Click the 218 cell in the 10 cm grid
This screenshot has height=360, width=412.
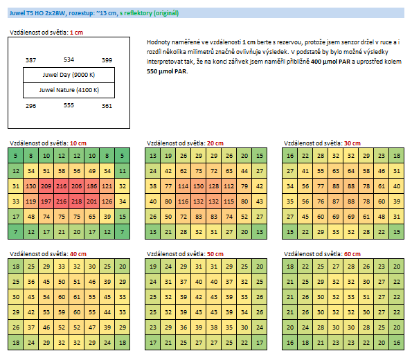point(77,201)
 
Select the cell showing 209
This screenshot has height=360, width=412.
point(46,186)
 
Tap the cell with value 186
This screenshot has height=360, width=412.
point(92,186)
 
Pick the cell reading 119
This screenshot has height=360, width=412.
point(31,201)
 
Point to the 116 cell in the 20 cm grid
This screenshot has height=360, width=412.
point(183,201)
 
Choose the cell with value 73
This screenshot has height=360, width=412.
point(199,171)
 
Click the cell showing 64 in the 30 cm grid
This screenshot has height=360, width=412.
point(351,171)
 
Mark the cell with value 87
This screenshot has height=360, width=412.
point(336,201)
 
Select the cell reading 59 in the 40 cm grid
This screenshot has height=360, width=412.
point(62,312)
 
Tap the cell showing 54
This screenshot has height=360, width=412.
point(46,297)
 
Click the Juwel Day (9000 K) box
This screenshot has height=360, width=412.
point(69,75)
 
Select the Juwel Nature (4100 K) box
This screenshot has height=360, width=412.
point(69,91)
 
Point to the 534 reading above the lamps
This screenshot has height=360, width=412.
point(69,60)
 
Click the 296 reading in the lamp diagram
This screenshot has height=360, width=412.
point(30,106)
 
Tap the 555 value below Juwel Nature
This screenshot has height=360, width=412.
point(69,105)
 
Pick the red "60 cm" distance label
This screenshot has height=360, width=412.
point(352,254)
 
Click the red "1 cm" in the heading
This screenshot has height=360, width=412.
point(76,33)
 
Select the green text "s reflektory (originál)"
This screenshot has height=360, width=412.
point(150,13)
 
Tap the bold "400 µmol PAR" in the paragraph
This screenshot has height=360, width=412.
point(330,62)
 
